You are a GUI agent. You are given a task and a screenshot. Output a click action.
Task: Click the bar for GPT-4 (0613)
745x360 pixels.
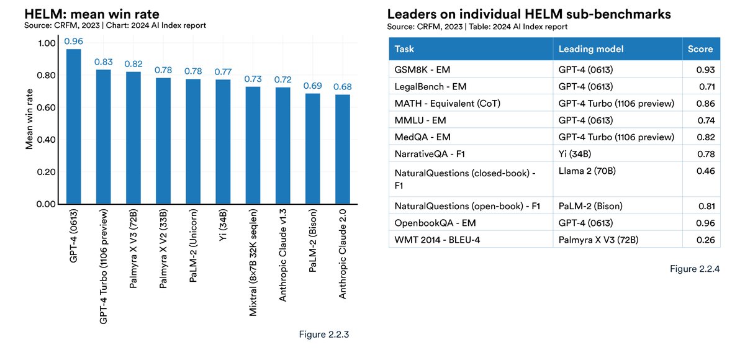[x=73, y=127]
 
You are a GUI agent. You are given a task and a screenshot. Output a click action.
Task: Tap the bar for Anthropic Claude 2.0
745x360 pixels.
[x=342, y=149]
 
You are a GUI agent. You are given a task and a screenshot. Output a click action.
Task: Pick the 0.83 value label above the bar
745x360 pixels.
[x=103, y=61]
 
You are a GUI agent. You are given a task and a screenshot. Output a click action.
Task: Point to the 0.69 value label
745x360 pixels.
[x=312, y=84]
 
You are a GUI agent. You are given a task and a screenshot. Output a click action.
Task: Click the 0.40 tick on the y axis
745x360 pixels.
[x=48, y=140]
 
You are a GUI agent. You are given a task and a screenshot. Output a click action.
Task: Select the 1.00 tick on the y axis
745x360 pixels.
[x=48, y=43]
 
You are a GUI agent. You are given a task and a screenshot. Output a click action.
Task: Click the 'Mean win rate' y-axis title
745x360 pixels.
[x=29, y=119]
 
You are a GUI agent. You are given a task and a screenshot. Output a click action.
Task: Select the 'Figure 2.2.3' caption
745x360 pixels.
[x=324, y=335]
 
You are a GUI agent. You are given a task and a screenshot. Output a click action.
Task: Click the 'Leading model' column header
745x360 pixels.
[x=590, y=49]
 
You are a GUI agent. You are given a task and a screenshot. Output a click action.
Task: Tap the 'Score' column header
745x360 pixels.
[x=700, y=49]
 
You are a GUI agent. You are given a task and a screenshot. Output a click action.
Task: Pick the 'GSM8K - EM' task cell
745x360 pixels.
[x=420, y=69]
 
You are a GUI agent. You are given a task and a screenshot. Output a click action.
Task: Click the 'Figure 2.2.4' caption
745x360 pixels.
[x=695, y=269]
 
